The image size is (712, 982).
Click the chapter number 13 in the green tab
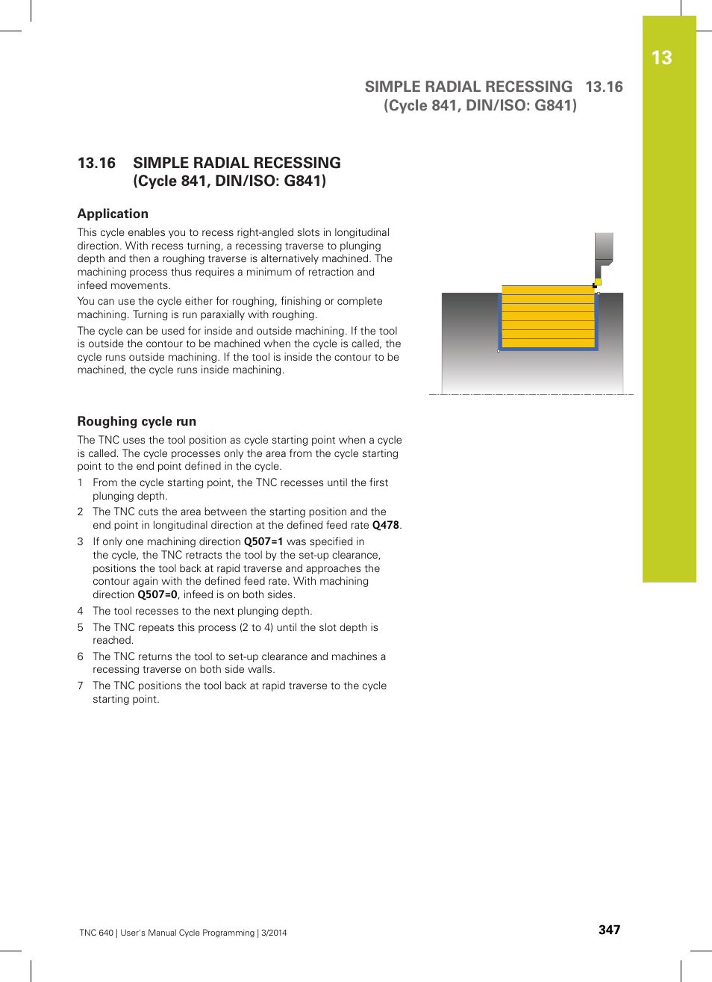[661, 58]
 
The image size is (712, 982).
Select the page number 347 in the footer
[609, 930]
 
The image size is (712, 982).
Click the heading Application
[113, 214]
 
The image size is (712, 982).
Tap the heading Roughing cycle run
[137, 421]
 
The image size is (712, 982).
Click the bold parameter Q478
[385, 525]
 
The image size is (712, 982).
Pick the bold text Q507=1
[263, 541]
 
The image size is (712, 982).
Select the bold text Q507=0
[157, 594]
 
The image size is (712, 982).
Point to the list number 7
[80, 686]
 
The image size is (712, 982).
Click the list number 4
[80, 611]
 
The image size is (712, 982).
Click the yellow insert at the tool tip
[598, 282]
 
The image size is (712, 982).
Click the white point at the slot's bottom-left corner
[499, 350]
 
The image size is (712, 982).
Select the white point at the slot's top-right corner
[598, 293]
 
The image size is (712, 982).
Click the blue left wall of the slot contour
[500, 321]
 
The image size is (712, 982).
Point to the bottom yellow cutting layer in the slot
[549, 343]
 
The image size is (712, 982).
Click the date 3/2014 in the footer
[274, 933]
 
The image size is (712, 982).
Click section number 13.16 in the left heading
[97, 163]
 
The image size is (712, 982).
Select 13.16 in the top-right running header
[604, 87]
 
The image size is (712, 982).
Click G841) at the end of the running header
[555, 105]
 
